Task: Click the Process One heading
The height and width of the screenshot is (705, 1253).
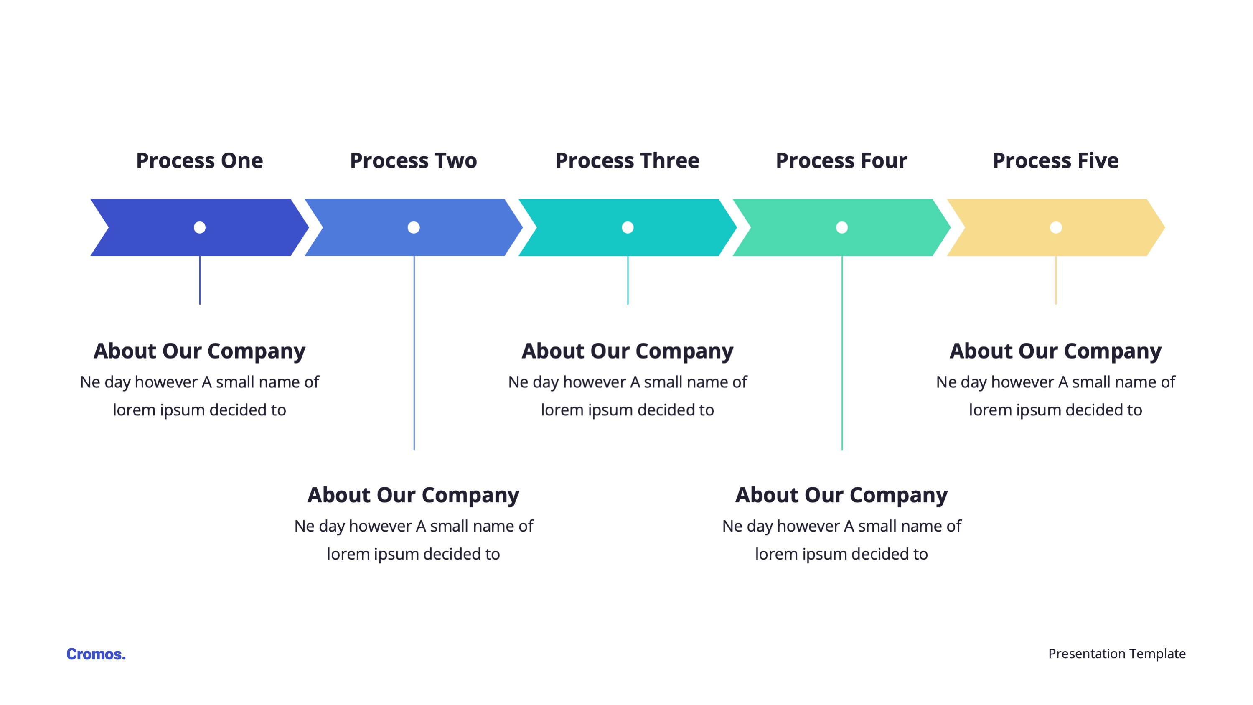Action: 199,160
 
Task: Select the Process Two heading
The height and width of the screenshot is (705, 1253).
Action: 414,160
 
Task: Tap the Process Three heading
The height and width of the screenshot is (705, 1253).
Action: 628,160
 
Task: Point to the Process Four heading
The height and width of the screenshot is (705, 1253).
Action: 841,160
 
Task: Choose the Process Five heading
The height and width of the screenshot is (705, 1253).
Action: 1055,160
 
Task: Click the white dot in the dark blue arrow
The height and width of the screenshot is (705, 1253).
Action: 199,227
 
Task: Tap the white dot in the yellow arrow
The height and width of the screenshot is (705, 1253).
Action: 1055,227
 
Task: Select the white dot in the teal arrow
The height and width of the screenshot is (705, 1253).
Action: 628,227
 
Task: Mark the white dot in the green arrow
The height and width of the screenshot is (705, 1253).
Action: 841,227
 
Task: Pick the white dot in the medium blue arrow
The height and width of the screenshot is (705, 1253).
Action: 414,227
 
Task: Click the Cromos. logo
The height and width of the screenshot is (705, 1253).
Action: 96,654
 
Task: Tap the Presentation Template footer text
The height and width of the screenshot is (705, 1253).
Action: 1117,654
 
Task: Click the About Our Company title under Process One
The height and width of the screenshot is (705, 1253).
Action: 199,351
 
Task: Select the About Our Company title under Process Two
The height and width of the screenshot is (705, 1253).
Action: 414,495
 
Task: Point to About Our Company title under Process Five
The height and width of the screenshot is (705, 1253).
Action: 1055,351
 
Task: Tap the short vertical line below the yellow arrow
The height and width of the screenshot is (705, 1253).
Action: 1055,280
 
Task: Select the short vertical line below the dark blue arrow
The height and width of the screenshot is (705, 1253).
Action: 200,280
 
